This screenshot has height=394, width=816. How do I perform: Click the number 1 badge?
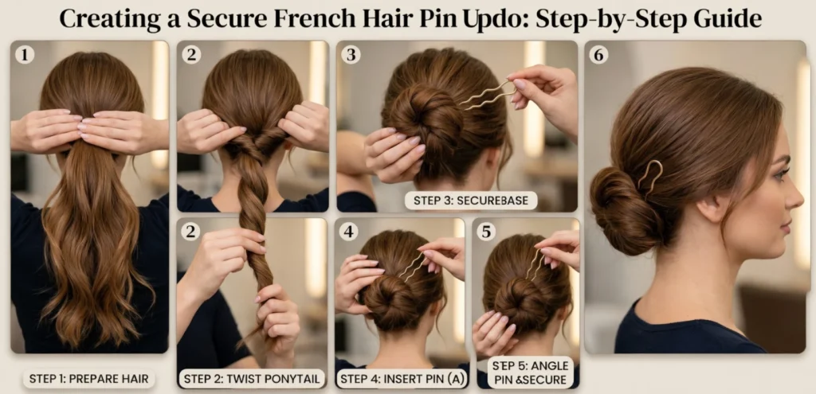point(25,54)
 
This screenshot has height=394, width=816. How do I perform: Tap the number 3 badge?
point(351,54)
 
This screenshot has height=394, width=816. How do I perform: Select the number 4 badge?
point(347,232)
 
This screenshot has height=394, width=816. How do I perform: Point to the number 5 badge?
point(485,232)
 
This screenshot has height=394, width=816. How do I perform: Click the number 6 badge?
point(598,54)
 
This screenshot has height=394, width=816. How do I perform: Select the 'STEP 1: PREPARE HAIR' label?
point(88,378)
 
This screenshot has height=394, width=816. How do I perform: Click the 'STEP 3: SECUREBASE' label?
point(471,200)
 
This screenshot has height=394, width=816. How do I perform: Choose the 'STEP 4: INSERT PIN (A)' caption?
point(400,378)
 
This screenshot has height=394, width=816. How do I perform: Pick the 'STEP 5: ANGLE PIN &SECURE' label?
point(529,373)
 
